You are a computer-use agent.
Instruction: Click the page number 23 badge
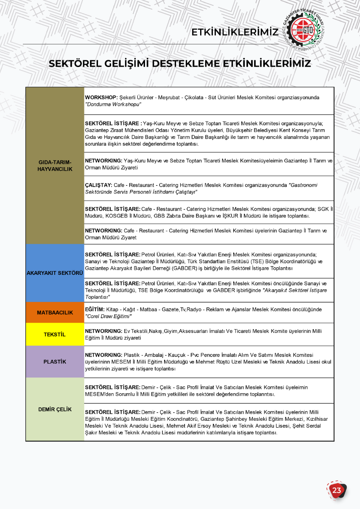pyautogui.click(x=337, y=490)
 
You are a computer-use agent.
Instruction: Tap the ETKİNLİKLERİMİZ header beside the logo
pyautogui.click(x=234, y=33)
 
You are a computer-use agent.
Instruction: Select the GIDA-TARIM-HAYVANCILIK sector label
pyautogui.click(x=55, y=166)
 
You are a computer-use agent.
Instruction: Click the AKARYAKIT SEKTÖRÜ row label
pyautogui.click(x=55, y=273)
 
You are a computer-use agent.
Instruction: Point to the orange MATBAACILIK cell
pyautogui.click(x=55, y=313)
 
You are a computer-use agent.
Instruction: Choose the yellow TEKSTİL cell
pyautogui.click(x=55, y=335)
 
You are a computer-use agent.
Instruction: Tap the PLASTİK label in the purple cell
pyautogui.click(x=55, y=362)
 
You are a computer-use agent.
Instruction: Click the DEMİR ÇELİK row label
pyautogui.click(x=55, y=409)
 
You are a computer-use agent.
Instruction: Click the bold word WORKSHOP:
pyautogui.click(x=101, y=98)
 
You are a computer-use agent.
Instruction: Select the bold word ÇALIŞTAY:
pyautogui.click(x=98, y=185)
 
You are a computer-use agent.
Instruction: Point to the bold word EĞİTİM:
pyautogui.click(x=95, y=310)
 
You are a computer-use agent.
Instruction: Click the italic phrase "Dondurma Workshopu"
pyautogui.click(x=113, y=104)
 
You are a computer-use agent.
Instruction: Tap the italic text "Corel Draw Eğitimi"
pyautogui.click(x=108, y=316)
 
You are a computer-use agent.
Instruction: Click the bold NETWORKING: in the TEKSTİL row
pyautogui.click(x=103, y=331)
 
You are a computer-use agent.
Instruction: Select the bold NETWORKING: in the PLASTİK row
pyautogui.click(x=103, y=355)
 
